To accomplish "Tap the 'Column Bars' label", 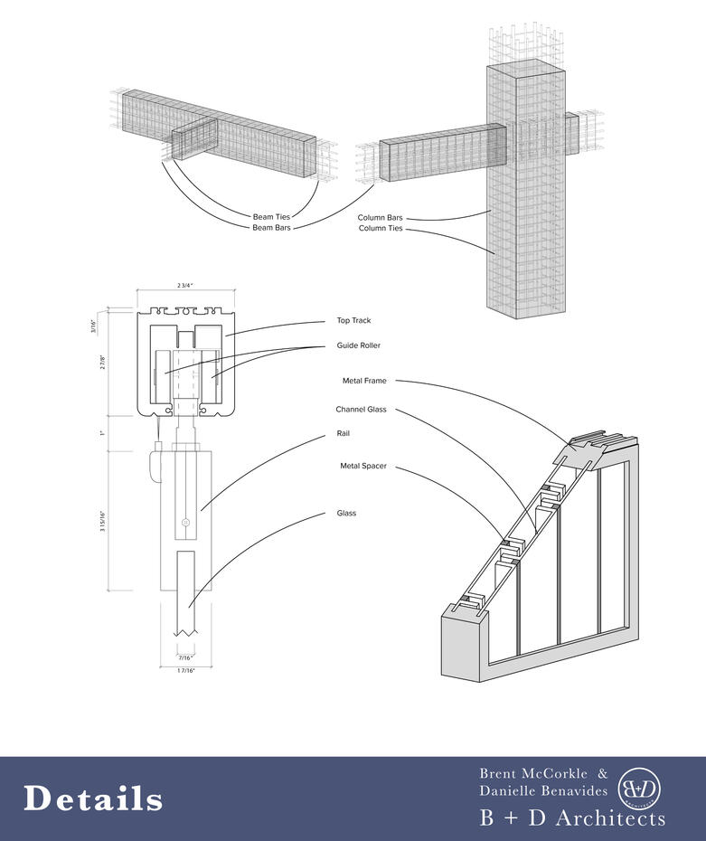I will click(x=381, y=218).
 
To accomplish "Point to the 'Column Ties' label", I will click(x=381, y=229).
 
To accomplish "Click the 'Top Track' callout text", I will click(x=354, y=321).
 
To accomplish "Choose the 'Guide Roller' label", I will click(x=359, y=345).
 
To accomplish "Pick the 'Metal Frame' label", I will click(x=364, y=381).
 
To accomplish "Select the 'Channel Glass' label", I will click(x=361, y=410).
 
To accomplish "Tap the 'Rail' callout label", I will click(x=343, y=434).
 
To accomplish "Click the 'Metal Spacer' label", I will click(x=362, y=466).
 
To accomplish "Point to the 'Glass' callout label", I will click(x=346, y=514).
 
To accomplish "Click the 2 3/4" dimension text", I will click(x=186, y=285).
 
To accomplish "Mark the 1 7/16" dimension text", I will click(x=185, y=670).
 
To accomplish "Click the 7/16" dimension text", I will click(x=185, y=657).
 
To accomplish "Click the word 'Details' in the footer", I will click(x=93, y=799).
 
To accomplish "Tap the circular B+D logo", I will click(x=639, y=789).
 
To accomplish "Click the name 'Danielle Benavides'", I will click(x=543, y=792).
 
